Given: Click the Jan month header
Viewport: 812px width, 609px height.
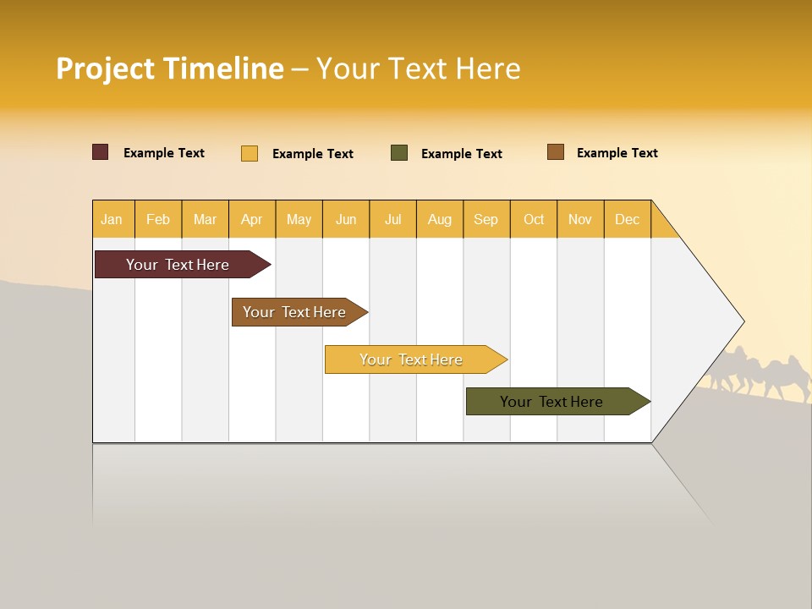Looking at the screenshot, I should click(112, 219).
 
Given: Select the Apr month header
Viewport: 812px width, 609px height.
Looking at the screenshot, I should click(251, 219).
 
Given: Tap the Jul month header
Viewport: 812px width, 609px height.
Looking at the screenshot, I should click(392, 219).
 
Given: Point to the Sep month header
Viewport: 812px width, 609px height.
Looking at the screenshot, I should click(486, 219).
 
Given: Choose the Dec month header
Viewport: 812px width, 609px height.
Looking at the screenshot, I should click(627, 219).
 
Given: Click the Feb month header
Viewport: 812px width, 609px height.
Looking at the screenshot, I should click(158, 219).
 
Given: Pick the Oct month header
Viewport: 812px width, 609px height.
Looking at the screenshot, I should click(534, 219).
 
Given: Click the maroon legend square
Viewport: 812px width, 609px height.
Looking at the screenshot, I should click(101, 152).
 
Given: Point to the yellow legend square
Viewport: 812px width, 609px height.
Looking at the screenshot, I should click(250, 153).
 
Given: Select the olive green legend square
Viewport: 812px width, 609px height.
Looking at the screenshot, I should click(399, 153).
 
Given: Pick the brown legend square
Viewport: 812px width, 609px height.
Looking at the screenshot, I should click(556, 152).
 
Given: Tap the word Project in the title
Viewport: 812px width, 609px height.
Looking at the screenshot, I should click(106, 69).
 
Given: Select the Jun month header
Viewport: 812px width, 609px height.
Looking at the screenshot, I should click(346, 219).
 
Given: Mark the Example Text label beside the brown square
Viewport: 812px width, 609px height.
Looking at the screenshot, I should click(617, 153).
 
